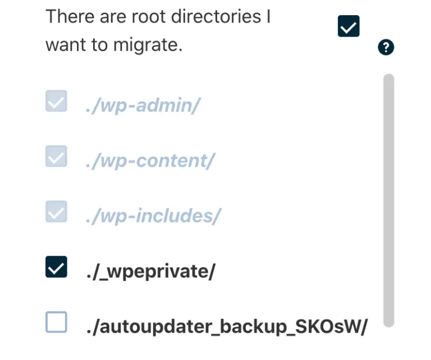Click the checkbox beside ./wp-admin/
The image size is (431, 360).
[x=56, y=101]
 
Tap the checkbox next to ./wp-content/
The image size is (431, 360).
[x=56, y=156]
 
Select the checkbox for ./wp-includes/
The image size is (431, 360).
[x=56, y=211]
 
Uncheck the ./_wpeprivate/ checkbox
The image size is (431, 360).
[x=56, y=267]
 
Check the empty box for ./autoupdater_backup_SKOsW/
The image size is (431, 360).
[x=56, y=322]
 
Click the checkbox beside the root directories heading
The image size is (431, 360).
[x=349, y=26]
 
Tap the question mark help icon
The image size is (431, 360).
[x=386, y=48]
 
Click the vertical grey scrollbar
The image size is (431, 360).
[x=388, y=199]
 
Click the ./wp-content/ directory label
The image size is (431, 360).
[x=150, y=161]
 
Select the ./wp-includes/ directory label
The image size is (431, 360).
[x=153, y=216]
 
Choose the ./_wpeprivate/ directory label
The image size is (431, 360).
[x=150, y=271]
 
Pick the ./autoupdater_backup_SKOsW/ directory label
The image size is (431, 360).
[x=226, y=326]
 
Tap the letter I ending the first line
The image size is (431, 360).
[x=269, y=17]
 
